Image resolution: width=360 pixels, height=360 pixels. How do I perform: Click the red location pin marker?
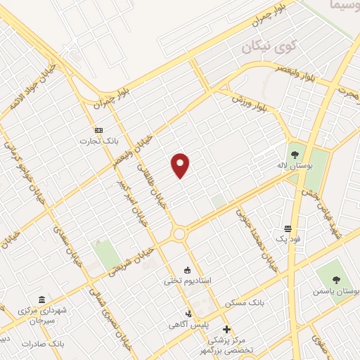point(181,166)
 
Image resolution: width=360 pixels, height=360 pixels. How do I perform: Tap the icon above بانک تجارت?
point(98,130)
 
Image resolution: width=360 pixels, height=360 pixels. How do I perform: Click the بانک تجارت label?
point(98,142)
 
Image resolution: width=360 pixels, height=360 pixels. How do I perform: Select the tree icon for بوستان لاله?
point(294,153)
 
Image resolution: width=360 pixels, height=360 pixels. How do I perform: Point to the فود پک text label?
point(288,240)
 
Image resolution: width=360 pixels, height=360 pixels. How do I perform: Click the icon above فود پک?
point(288,229)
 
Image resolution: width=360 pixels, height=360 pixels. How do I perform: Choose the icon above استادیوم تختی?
point(187,270)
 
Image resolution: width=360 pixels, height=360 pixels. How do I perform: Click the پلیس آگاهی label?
point(188,324)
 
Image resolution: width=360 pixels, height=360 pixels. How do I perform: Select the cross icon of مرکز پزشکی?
point(226,328)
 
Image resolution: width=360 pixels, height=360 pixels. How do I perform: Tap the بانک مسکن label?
point(245,302)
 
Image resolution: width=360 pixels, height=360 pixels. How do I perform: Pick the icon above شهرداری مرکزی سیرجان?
point(41,299)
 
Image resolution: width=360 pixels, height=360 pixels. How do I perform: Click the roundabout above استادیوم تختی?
point(179,233)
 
